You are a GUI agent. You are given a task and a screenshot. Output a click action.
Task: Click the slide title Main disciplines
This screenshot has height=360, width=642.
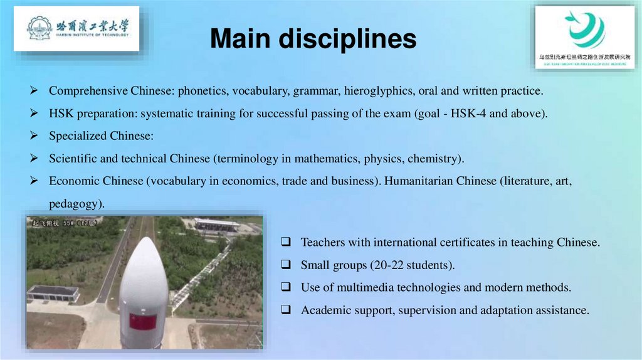click(313, 39)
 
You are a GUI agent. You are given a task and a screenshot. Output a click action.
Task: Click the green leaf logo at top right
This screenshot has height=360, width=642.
click(584, 29)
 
